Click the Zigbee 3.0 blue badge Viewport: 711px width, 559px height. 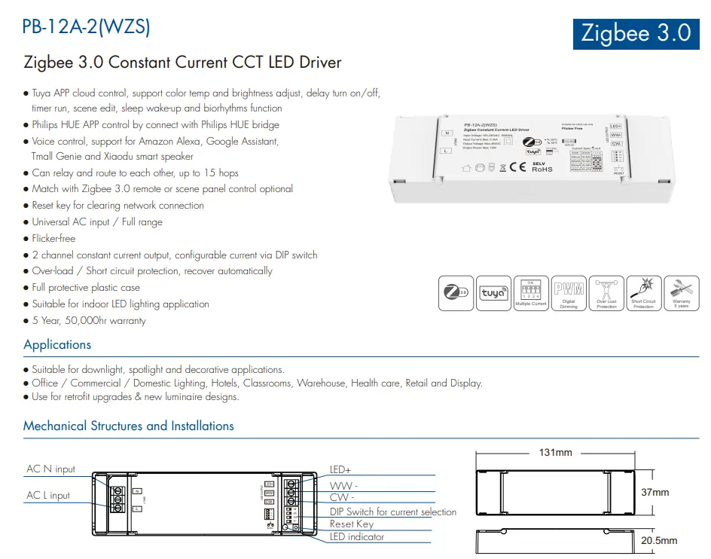point(636,32)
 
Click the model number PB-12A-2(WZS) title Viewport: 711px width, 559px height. point(87,27)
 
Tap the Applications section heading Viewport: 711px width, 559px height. point(57,344)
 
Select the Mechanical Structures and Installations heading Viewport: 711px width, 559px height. point(129,426)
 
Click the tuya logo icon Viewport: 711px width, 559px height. point(493,293)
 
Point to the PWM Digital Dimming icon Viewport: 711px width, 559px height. point(569,293)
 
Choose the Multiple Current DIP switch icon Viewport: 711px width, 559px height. point(530,293)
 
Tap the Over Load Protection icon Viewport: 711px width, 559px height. point(606,293)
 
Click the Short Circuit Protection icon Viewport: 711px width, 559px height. point(643,293)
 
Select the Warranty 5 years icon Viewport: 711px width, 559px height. point(681,293)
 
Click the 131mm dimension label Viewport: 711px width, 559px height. point(556,453)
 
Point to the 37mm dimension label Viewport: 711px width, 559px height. point(655,493)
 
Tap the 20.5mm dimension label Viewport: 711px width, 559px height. point(659,540)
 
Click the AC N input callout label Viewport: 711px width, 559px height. point(51,469)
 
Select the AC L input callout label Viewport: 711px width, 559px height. point(48,496)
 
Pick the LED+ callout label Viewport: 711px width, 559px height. point(340,470)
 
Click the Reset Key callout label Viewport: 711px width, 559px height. point(351,524)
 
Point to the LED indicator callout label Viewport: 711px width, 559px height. point(357,537)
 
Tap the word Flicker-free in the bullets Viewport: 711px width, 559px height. point(53,238)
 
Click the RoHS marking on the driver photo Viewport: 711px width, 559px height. point(542,169)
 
